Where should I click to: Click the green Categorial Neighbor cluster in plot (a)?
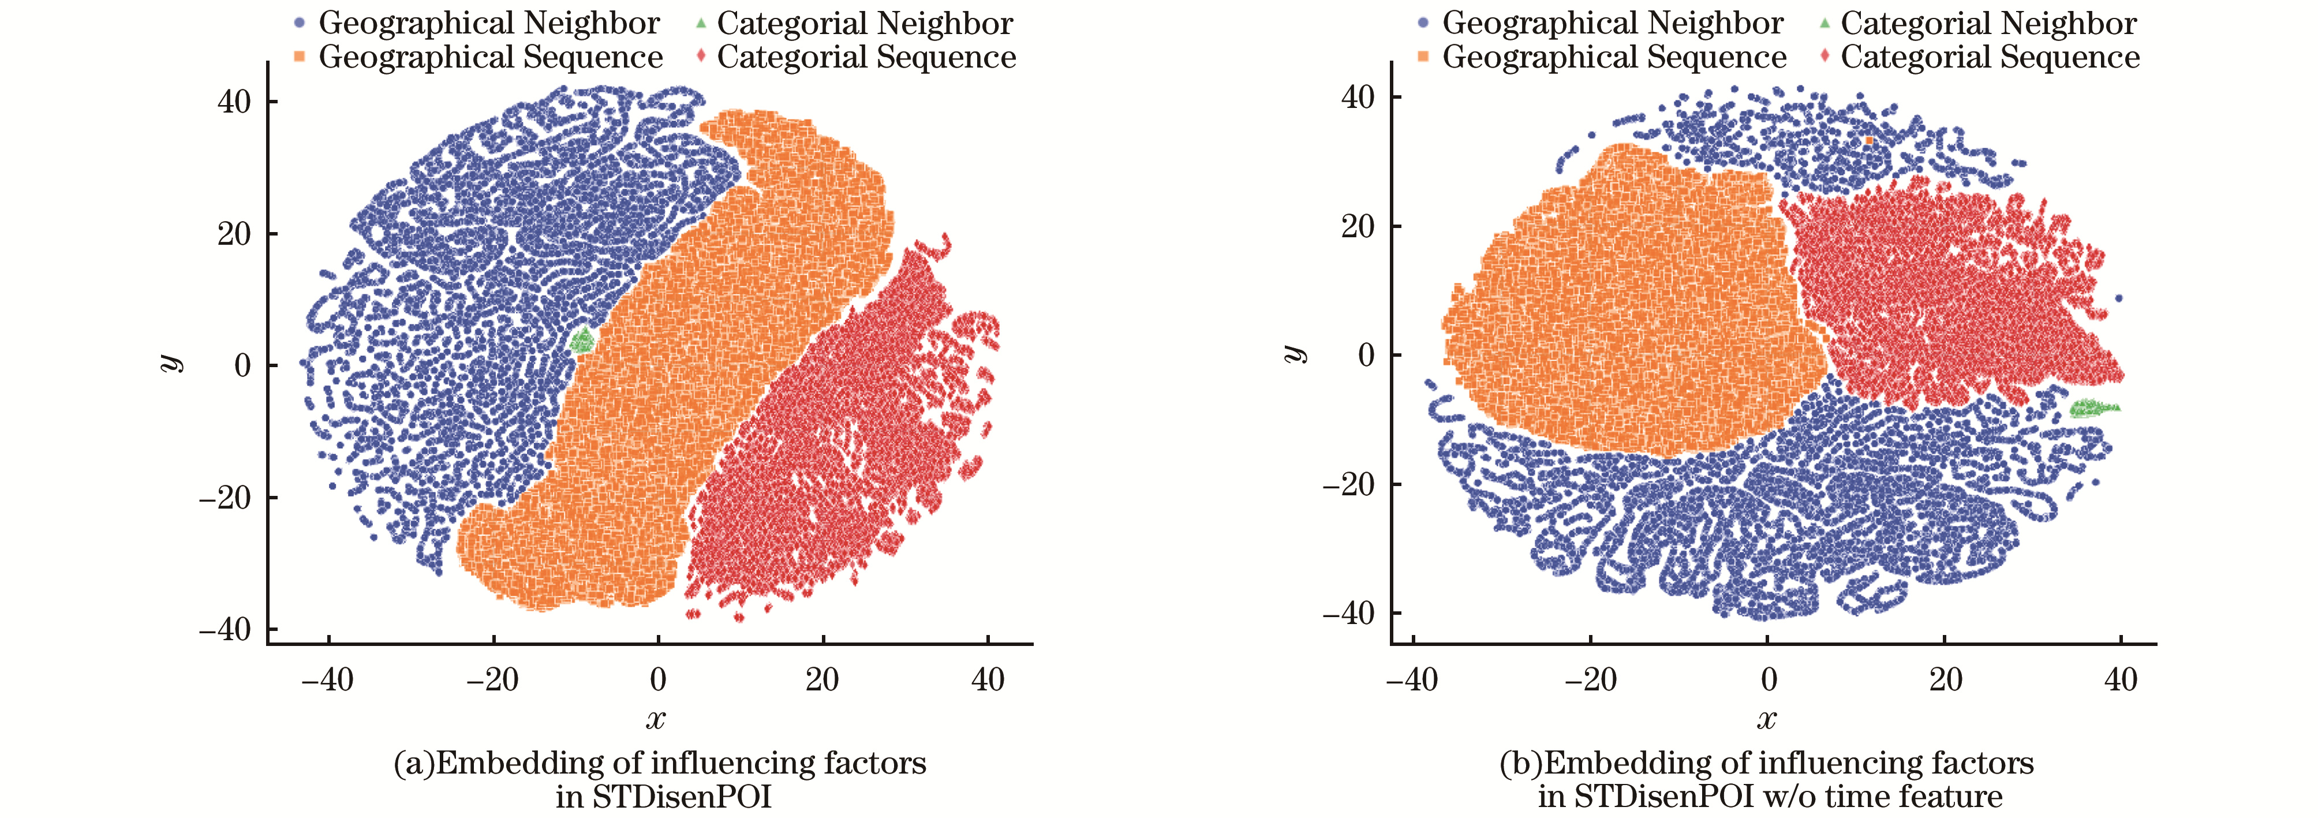click(x=583, y=340)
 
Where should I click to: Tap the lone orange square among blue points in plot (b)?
click(x=1869, y=140)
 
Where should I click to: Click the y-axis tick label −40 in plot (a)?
click(x=226, y=629)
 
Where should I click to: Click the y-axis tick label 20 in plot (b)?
click(x=1358, y=227)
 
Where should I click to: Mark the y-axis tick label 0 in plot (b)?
click(x=1367, y=356)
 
